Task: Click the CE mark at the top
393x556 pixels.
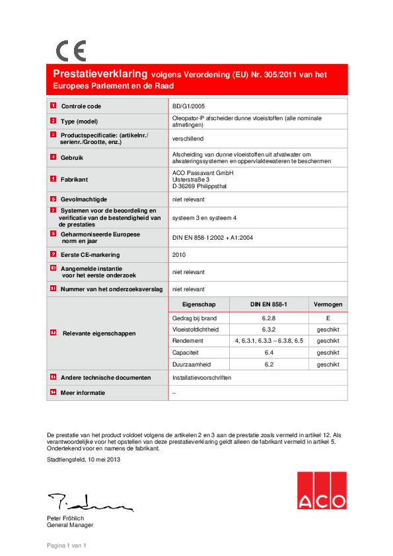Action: point(71,51)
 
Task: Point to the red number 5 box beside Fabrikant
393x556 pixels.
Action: point(53,179)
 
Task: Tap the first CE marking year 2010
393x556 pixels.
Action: point(179,254)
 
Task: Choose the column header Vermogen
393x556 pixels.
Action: point(328,304)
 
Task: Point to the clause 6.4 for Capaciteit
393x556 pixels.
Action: point(268,353)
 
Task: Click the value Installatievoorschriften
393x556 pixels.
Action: point(201,378)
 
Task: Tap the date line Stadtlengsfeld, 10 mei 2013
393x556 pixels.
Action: point(83,460)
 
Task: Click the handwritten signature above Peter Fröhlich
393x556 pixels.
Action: point(89,502)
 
